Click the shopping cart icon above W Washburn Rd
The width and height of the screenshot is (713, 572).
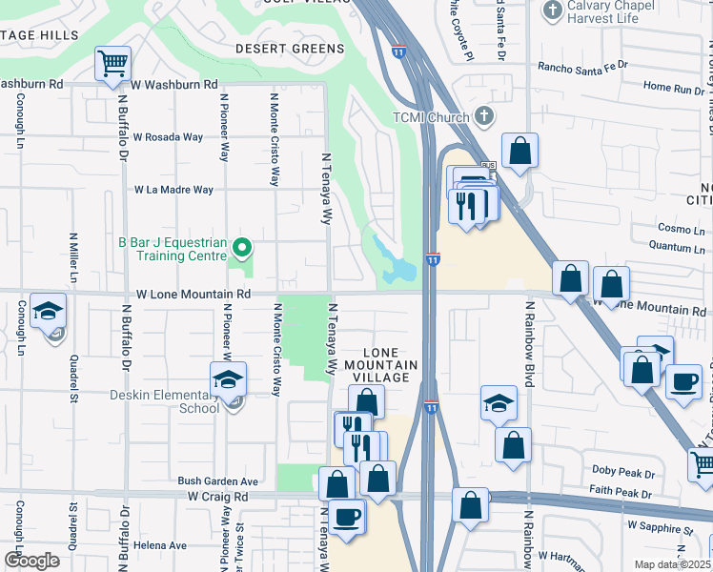click(x=112, y=65)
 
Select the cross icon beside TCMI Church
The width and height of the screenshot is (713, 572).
click(x=484, y=117)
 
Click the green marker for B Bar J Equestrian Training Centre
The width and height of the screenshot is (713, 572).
click(x=241, y=250)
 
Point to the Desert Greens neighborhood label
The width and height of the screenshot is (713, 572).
click(x=290, y=49)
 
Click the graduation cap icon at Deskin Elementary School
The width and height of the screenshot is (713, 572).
click(x=228, y=380)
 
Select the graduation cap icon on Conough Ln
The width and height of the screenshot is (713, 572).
click(x=48, y=313)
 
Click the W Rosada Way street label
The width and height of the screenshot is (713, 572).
click(x=168, y=137)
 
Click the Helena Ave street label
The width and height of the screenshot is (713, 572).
click(x=160, y=545)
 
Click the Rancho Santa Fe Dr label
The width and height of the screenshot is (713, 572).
click(x=583, y=67)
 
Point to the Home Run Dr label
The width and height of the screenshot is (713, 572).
click(x=673, y=87)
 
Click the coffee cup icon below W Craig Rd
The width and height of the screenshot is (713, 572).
click(x=347, y=518)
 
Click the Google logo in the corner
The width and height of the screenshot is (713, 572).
click(x=31, y=561)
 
